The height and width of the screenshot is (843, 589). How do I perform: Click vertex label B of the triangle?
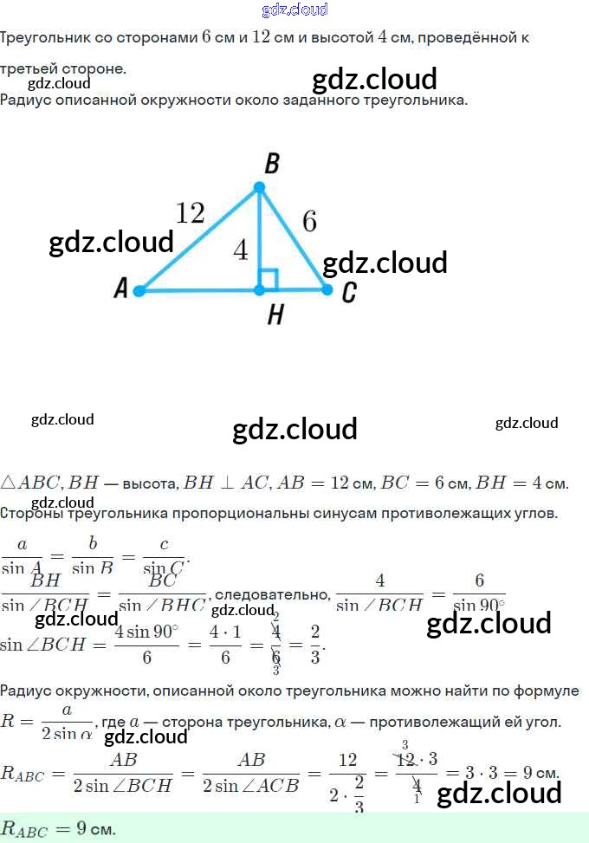pyautogui.click(x=270, y=164)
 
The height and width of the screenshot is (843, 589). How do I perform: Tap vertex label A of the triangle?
pyautogui.click(x=120, y=289)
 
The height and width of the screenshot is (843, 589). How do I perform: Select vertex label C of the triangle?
pyautogui.click(x=348, y=292)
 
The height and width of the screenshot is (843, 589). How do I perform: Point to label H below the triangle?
pyautogui.click(x=275, y=315)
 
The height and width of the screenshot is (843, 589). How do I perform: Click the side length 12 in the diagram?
pyautogui.click(x=190, y=212)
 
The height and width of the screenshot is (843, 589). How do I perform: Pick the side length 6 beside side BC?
pyautogui.click(x=309, y=223)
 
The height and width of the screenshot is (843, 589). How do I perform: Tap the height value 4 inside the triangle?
pyautogui.click(x=240, y=251)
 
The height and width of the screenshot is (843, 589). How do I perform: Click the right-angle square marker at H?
pyautogui.click(x=269, y=279)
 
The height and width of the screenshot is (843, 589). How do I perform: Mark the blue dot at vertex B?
pyautogui.click(x=258, y=187)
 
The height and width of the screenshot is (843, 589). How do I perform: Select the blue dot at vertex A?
pyautogui.click(x=139, y=290)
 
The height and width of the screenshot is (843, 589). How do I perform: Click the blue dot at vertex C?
pyautogui.click(x=327, y=289)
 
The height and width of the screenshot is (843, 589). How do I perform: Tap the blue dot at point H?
pyautogui.click(x=259, y=290)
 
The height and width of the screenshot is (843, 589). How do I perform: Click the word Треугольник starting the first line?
pyautogui.click(x=41, y=38)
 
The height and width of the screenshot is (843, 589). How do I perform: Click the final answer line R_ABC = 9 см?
pyautogui.click(x=59, y=828)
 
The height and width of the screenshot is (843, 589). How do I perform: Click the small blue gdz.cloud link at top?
pyautogui.click(x=294, y=10)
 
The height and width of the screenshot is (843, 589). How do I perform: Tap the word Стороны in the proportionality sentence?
pyautogui.click(x=29, y=514)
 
